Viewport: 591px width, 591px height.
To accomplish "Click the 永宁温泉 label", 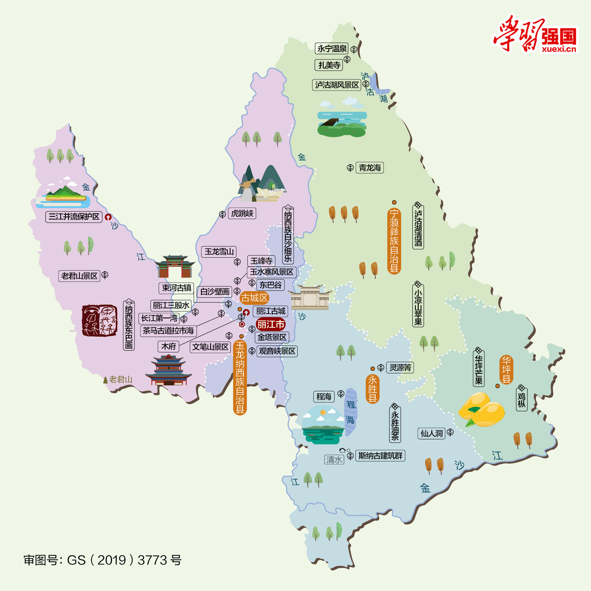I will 331,48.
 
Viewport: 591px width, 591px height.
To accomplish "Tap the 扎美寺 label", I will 329,65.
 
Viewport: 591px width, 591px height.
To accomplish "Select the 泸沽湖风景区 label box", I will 336,85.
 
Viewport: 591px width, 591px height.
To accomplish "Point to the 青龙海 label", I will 370,168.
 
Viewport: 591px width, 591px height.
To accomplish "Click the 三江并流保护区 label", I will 74,216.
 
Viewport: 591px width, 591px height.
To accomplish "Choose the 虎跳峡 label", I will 242,213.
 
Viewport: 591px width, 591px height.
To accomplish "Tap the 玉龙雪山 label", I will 219,251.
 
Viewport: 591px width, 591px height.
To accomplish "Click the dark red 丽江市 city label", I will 271,324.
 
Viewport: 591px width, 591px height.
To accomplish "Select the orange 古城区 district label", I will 254,298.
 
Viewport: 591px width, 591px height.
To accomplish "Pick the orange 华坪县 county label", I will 506,370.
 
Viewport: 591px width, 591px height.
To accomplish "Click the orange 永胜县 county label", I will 372,389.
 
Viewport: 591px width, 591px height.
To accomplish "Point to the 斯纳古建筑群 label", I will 380,456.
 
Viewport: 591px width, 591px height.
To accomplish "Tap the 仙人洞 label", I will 432,433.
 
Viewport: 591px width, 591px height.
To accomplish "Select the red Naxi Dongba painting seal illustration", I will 99,321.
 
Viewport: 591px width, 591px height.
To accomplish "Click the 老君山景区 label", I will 79,276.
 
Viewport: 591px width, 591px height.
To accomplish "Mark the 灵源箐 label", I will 400,367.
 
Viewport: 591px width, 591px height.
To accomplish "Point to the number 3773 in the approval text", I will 152,560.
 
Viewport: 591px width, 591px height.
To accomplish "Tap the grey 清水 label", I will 334,459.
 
